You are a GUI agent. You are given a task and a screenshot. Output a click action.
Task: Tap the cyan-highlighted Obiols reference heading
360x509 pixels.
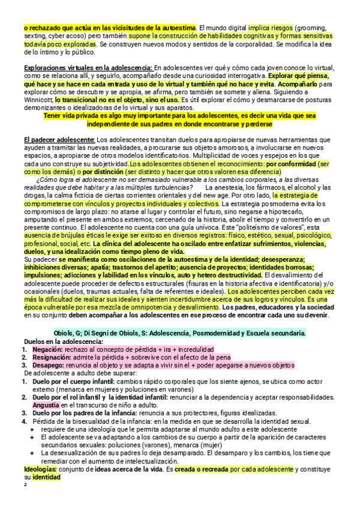coord(180,333)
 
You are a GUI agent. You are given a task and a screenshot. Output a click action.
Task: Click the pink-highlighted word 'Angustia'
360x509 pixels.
coord(42,405)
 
